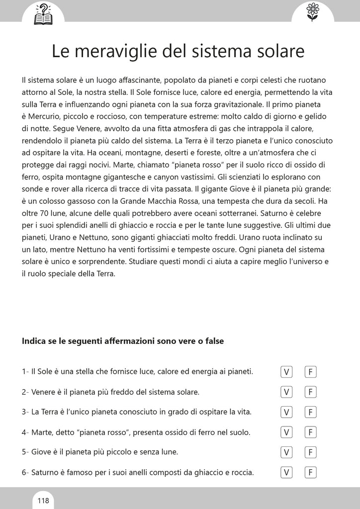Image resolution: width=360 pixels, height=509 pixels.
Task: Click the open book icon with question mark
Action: [43, 13]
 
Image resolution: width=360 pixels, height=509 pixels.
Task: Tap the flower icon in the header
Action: [312, 12]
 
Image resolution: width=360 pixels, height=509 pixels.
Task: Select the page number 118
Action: [43, 500]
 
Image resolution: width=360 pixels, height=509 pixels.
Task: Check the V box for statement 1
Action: [286, 372]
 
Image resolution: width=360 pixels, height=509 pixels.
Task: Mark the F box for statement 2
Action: [311, 392]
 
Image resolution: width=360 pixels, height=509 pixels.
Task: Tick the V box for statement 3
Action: [286, 412]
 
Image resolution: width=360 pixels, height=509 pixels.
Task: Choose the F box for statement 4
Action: [311, 432]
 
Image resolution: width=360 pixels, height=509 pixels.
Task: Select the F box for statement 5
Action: [311, 452]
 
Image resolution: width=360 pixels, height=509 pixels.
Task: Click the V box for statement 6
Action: [286, 472]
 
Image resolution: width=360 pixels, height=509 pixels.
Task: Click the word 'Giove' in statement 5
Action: [41, 452]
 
